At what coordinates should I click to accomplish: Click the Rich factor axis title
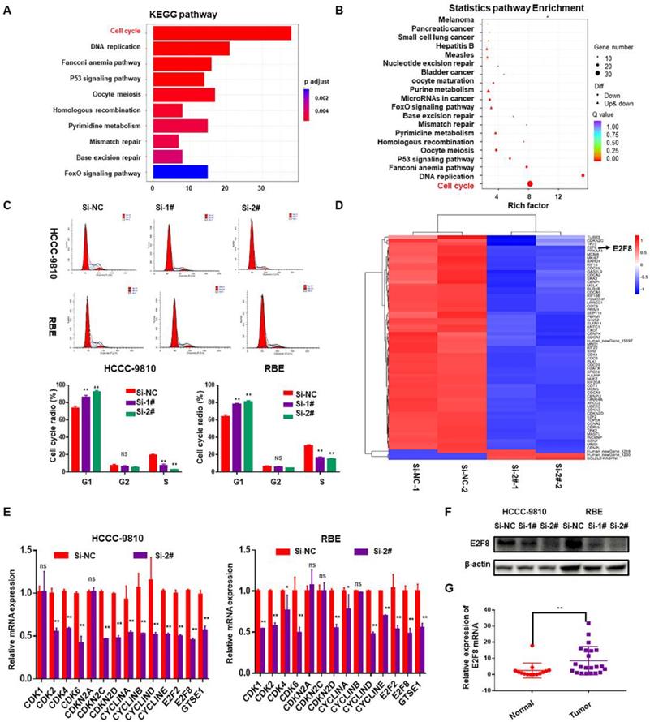[x=528, y=204]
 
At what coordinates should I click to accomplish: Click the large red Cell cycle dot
[x=530, y=185]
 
